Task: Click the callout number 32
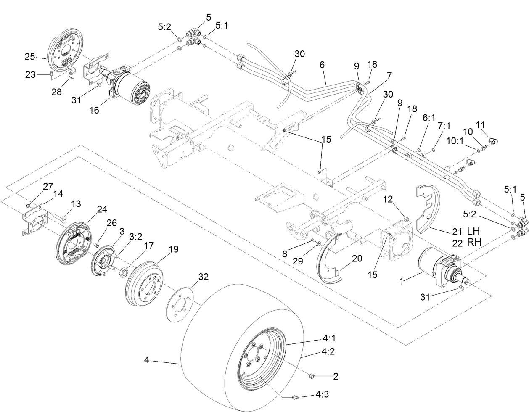(x=204, y=277)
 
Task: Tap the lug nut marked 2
(x=312, y=375)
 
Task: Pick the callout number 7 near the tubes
(x=389, y=76)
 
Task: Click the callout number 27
(x=48, y=186)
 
